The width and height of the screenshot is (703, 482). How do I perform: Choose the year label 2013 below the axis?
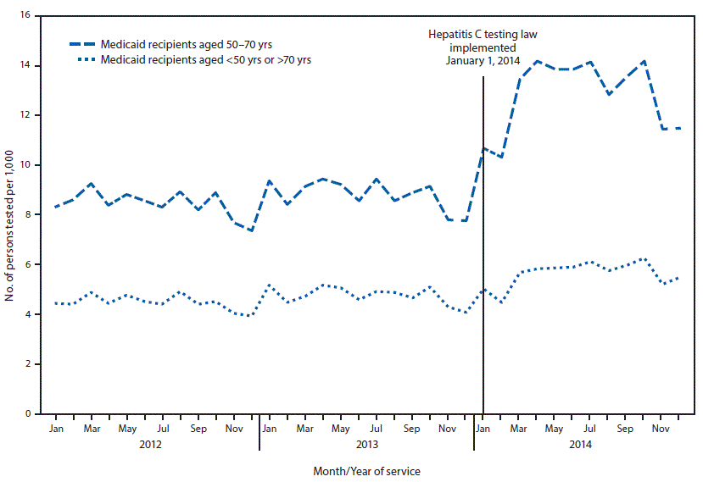[x=366, y=443]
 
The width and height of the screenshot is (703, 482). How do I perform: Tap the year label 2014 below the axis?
[x=582, y=443]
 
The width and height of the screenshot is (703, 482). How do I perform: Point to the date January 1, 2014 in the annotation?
[x=482, y=60]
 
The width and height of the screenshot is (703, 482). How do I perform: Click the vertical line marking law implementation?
[x=483, y=254]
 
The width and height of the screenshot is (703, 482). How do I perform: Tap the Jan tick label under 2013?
[x=269, y=429]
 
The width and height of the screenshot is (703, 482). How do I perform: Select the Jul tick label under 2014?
[x=590, y=429]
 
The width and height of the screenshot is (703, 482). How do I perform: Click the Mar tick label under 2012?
[x=91, y=429]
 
